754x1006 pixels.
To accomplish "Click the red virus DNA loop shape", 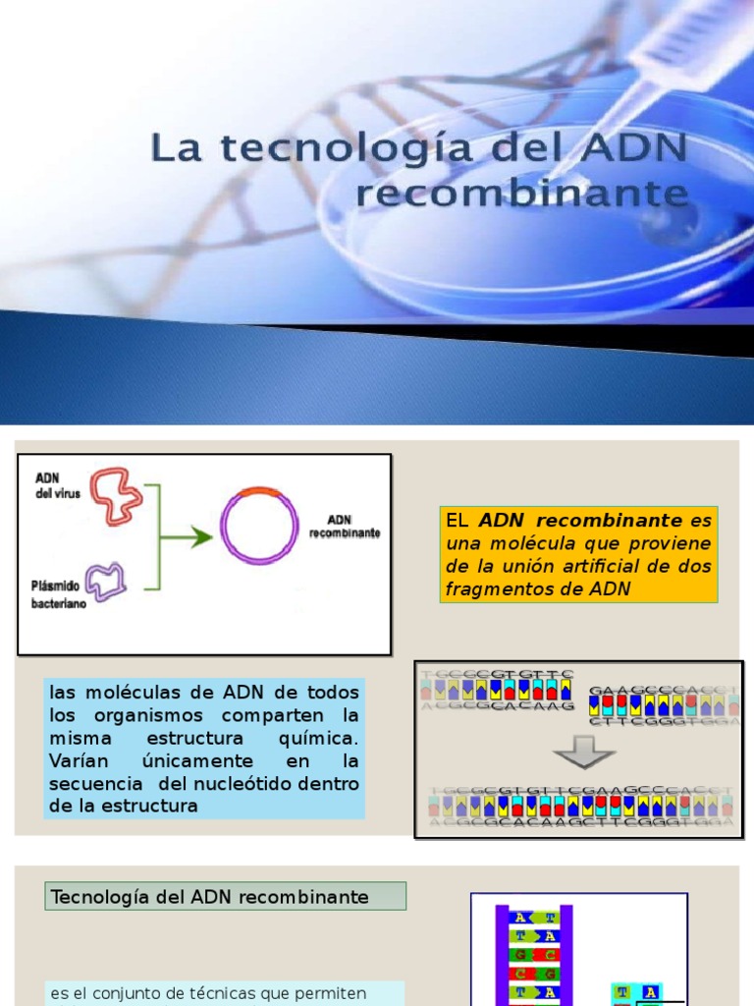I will (x=116, y=494).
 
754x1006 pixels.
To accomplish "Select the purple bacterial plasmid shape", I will (x=106, y=581).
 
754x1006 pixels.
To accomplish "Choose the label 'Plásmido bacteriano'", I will (x=58, y=593).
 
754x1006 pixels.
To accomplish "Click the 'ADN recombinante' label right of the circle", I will (x=345, y=527).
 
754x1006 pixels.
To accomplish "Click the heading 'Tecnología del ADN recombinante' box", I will (x=225, y=896).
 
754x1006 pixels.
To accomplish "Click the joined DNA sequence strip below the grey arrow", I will (x=580, y=807).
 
